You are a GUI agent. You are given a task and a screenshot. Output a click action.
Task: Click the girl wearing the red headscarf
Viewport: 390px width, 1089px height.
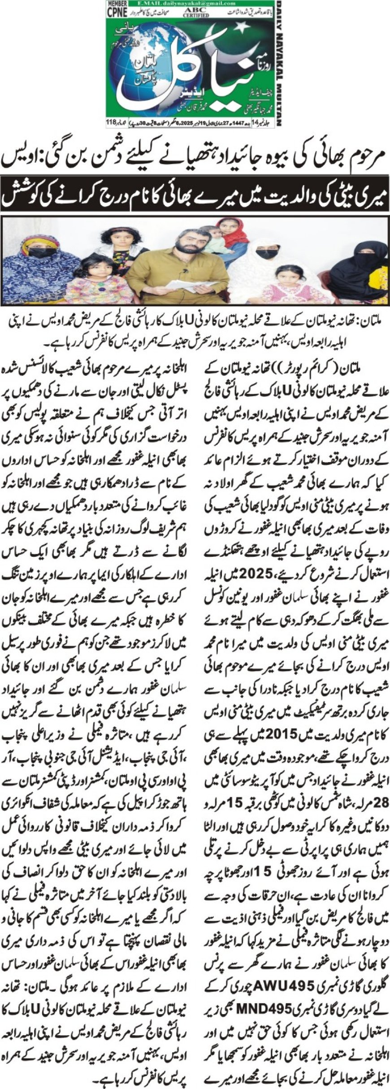coord(232,233)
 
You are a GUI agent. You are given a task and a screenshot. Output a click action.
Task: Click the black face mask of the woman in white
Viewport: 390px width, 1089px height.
coord(268,254)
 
